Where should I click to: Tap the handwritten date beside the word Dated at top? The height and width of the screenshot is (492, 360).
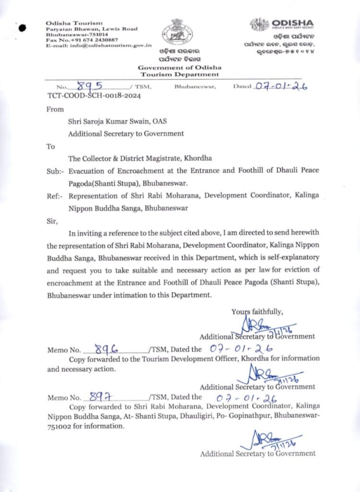coord(282,86)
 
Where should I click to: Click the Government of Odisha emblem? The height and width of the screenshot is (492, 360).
coord(173,32)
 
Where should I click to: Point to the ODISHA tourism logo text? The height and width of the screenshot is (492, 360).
coord(292,23)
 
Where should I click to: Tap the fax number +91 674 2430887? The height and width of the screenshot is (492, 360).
coord(94,40)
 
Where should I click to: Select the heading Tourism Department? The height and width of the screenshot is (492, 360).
coord(179,74)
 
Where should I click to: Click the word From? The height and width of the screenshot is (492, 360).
coord(55,109)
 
